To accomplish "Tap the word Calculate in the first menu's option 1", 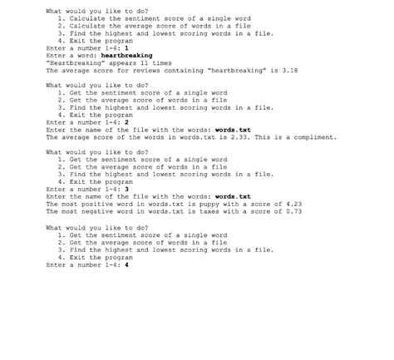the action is (x=87, y=18).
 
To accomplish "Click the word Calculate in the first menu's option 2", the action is (x=87, y=26).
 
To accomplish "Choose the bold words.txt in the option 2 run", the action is (x=233, y=130).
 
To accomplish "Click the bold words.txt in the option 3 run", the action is (x=233, y=196).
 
